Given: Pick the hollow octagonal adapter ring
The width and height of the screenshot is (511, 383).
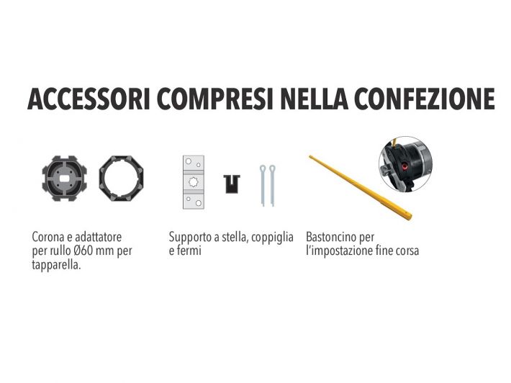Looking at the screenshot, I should coord(121,180).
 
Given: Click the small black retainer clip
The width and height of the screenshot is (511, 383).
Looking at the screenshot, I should coord(231,184).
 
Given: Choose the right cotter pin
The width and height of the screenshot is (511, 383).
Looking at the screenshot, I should coord(272,186).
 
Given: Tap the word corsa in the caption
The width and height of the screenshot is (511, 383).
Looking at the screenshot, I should coord(404,251).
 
